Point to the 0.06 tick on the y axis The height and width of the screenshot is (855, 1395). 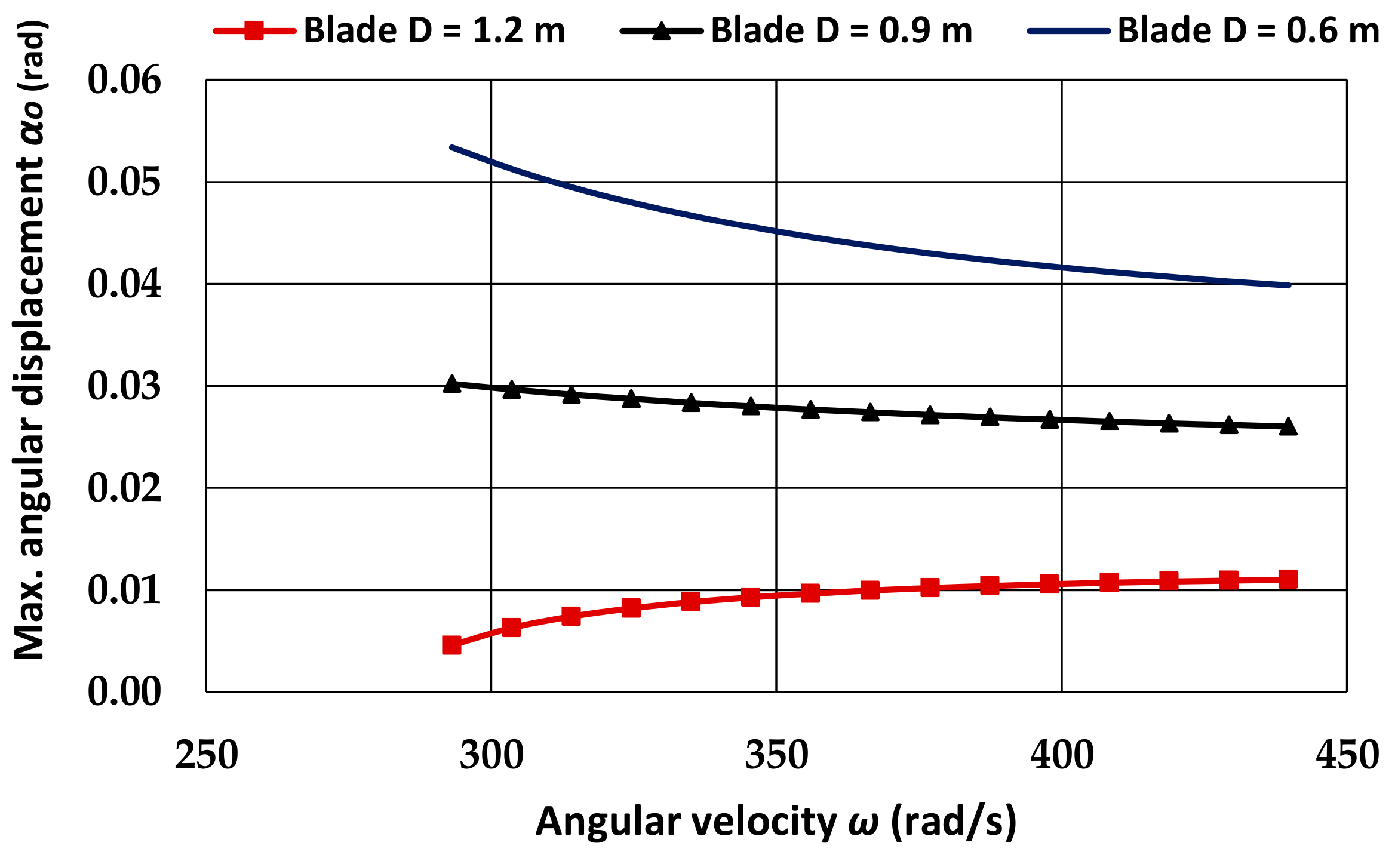[x=124, y=80]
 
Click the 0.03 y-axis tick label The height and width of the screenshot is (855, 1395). [x=124, y=386]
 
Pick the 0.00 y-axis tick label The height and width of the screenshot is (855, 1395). [x=124, y=692]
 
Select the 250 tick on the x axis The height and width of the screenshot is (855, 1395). [x=207, y=755]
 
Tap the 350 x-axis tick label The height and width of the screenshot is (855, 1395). [x=776, y=755]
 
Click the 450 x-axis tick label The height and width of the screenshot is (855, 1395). [x=1347, y=755]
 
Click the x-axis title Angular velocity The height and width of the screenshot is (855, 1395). [x=776, y=822]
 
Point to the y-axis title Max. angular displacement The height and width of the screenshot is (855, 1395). [x=30, y=340]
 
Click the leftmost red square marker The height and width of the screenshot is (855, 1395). [x=451, y=645]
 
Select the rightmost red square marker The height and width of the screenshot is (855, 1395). [x=1288, y=579]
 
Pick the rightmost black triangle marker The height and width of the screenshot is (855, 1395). [x=1288, y=426]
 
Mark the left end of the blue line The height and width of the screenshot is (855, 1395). [x=452, y=147]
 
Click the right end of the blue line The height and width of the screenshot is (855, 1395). [x=1289, y=285]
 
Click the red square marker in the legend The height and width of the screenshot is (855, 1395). [x=254, y=30]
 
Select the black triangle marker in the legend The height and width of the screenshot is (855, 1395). [x=661, y=30]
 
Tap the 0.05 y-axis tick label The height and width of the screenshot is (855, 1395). [x=124, y=182]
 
